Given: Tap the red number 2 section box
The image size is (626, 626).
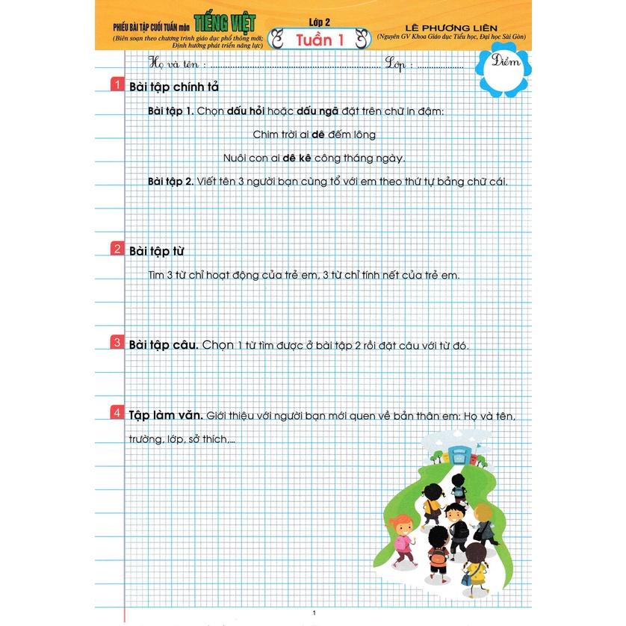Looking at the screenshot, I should pyautogui.click(x=117, y=249).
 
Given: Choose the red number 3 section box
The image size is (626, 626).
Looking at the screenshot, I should pyautogui.click(x=117, y=343).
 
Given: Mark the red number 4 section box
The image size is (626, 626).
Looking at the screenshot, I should pyautogui.click(x=117, y=412).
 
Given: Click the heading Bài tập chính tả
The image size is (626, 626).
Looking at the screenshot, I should pyautogui.click(x=173, y=87).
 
